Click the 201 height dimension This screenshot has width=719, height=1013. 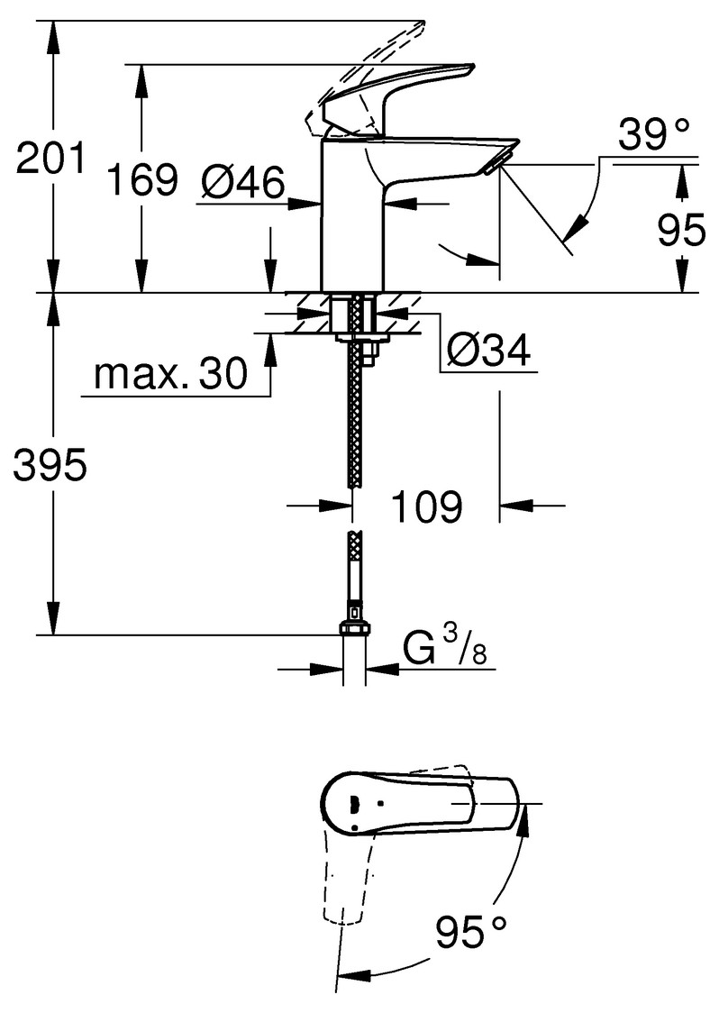(x=50, y=159)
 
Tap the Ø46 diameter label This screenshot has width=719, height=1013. (x=242, y=182)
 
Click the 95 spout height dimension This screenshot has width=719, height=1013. (x=681, y=231)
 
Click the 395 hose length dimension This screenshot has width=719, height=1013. (x=50, y=466)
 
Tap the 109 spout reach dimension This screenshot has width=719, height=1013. (x=426, y=507)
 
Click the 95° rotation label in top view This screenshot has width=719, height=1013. (x=471, y=929)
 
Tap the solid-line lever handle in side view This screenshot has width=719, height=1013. (x=405, y=90)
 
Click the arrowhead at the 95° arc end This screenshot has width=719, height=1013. (x=343, y=975)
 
